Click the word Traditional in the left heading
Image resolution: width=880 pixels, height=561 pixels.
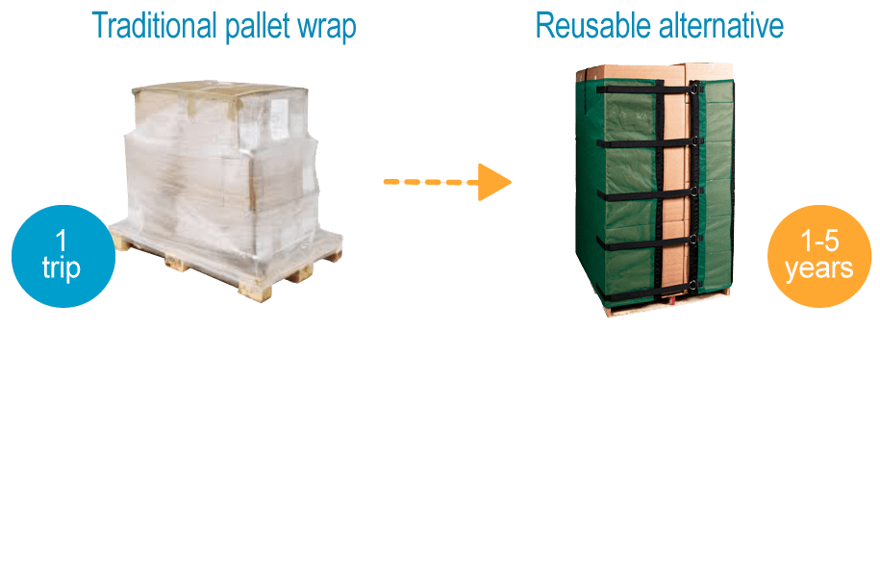[x=154, y=26]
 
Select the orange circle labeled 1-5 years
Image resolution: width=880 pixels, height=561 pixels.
[x=818, y=256]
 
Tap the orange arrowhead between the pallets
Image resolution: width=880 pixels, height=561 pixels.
[x=493, y=181]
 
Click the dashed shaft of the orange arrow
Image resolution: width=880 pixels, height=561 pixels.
[x=428, y=181]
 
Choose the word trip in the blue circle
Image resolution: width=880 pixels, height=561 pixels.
[x=62, y=268]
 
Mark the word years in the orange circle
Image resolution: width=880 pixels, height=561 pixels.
[x=818, y=268]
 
